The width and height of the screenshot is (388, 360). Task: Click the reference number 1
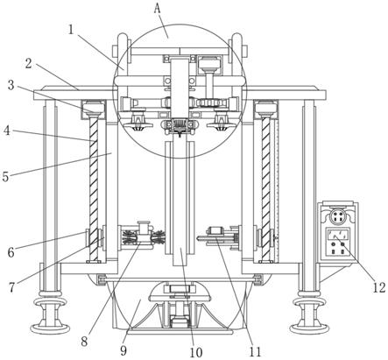pyautogui.click(x=71, y=30)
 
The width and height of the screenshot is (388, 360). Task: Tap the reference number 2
pyautogui.click(x=28, y=63)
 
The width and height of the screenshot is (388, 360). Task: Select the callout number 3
pyautogui.click(x=11, y=85)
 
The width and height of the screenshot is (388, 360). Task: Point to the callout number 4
pyautogui.click(x=7, y=131)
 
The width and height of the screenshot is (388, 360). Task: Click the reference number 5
pyautogui.click(x=5, y=176)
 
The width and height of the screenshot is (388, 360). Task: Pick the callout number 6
pyautogui.click(x=11, y=252)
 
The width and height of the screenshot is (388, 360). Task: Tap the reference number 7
pyautogui.click(x=11, y=287)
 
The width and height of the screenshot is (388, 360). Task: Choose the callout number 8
pyautogui.click(x=84, y=342)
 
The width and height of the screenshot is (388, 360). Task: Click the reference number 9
pyautogui.click(x=123, y=350)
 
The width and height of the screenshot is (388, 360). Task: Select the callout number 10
pyautogui.click(x=196, y=352)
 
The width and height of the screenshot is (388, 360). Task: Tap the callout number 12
pyautogui.click(x=379, y=288)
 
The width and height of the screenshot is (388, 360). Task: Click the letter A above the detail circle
pyautogui.click(x=158, y=9)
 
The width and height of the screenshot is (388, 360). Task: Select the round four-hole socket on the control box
pyautogui.click(x=338, y=216)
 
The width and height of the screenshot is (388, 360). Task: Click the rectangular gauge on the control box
pyautogui.click(x=338, y=234)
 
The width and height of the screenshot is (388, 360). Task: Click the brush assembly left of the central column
pyautogui.click(x=143, y=236)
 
